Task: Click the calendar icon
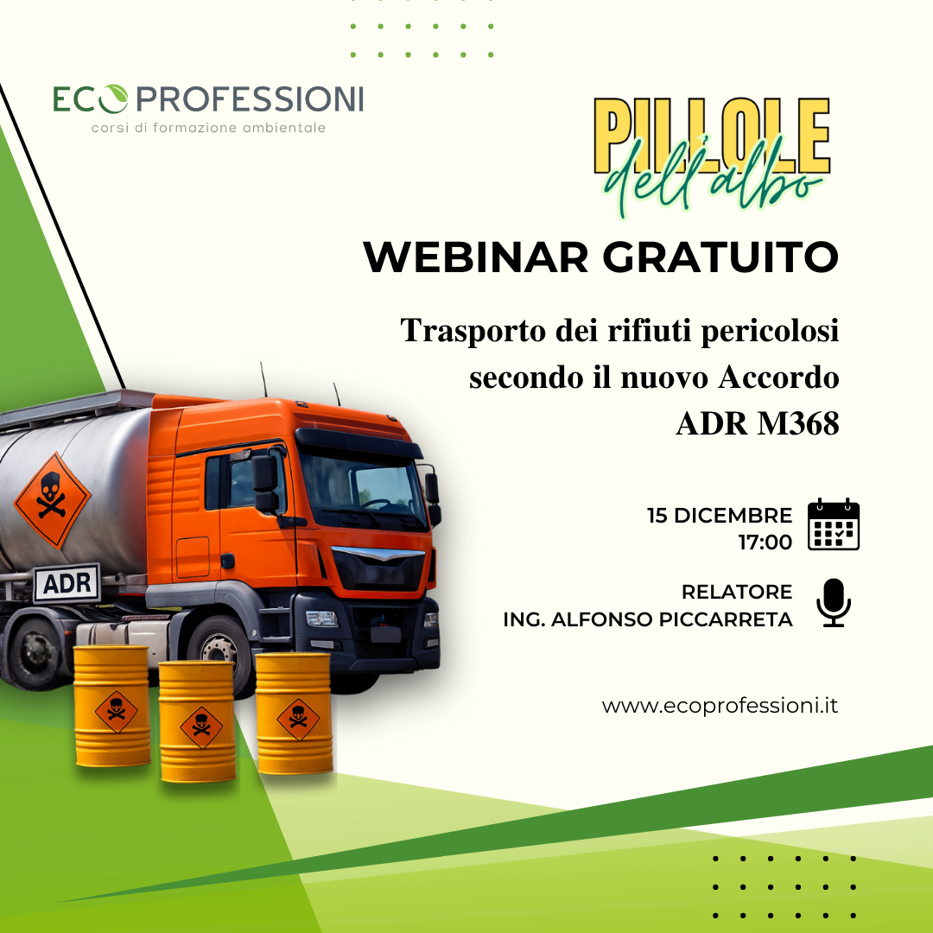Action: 833,524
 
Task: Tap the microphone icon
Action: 833,602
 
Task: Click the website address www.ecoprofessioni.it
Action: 720,706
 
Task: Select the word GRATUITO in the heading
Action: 720,257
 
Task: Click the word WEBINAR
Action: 475,257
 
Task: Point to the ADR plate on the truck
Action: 67,582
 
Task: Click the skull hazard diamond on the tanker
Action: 53,499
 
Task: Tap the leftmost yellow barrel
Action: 111,706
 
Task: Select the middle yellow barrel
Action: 198,721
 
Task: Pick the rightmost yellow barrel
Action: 294,714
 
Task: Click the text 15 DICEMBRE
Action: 720,515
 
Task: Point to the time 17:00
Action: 765,542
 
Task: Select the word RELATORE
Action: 737,592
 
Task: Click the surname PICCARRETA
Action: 726,619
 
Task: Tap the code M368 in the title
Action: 798,423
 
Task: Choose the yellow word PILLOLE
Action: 712,136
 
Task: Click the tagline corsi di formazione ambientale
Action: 208,127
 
